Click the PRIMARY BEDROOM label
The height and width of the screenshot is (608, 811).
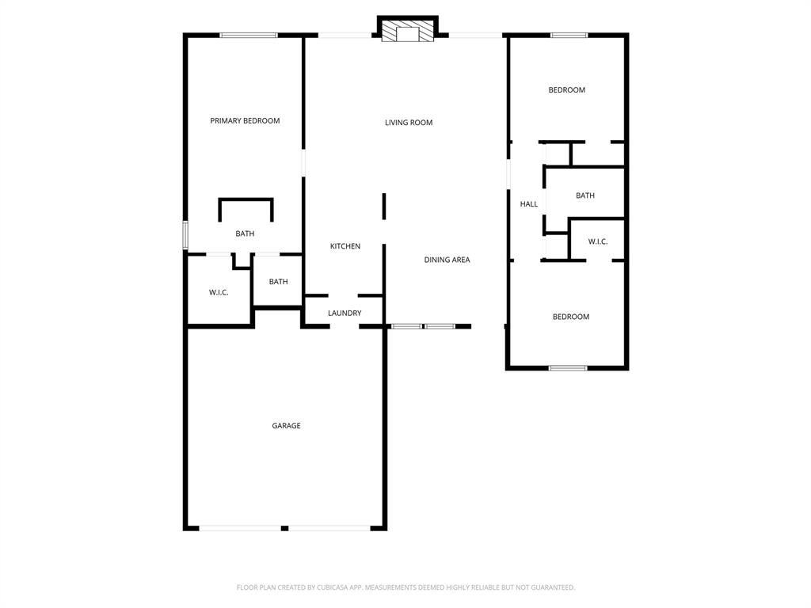[245, 121]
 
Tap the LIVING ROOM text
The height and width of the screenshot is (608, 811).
[409, 123]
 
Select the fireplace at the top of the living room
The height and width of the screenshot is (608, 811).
[408, 32]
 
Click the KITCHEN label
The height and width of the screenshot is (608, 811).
[345, 246]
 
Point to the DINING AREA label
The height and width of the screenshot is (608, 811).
[447, 260]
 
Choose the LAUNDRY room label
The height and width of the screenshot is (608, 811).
[345, 313]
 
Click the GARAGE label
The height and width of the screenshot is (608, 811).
[286, 426]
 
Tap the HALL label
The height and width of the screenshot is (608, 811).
[529, 204]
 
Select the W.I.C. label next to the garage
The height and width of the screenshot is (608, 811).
[219, 293]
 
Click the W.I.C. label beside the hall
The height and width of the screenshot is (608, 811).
[598, 241]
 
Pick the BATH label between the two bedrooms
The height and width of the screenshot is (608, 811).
[585, 196]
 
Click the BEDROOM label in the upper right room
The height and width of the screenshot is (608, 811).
[567, 90]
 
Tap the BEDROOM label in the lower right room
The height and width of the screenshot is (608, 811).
[571, 317]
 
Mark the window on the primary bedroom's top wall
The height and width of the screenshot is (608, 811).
[249, 35]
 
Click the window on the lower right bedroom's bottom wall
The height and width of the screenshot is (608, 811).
[568, 368]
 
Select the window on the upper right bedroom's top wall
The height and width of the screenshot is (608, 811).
[569, 35]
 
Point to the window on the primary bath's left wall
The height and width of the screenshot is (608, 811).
[185, 235]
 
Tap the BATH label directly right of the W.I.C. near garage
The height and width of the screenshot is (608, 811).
[278, 282]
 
